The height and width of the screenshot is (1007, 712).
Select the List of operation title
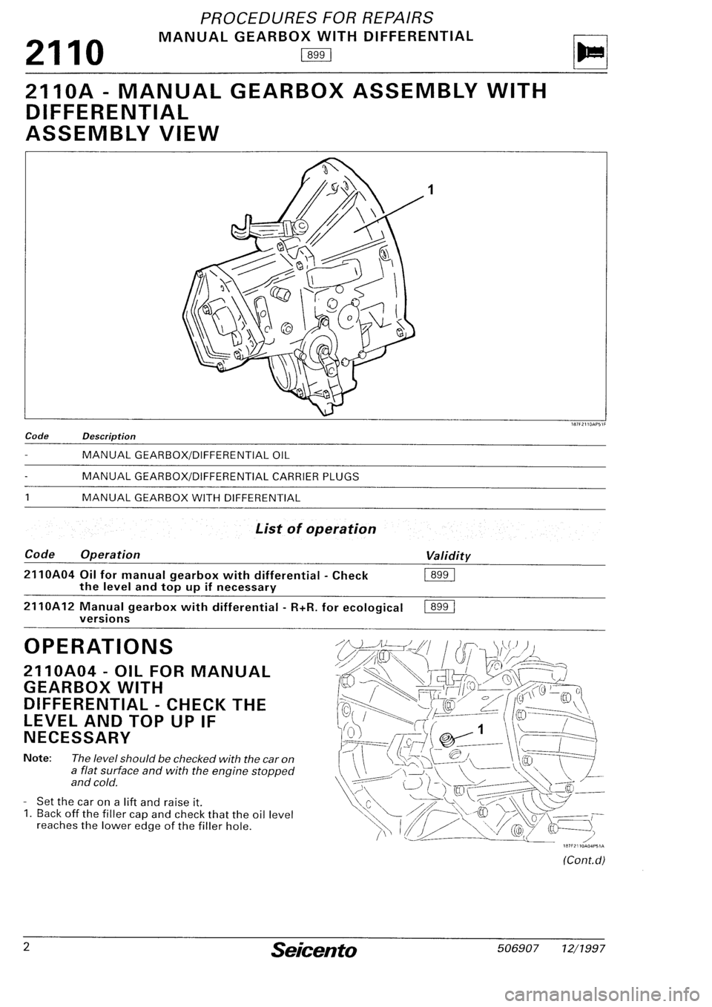coord(315,529)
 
